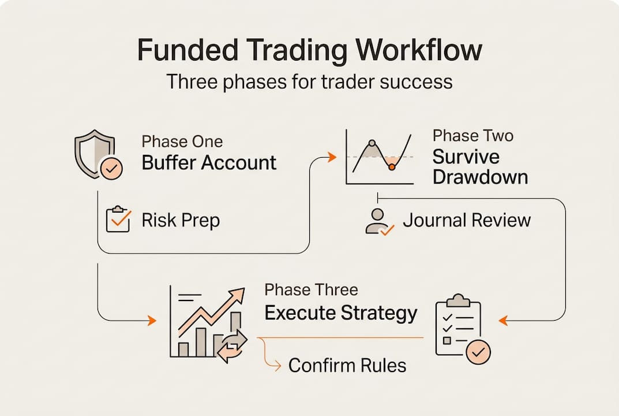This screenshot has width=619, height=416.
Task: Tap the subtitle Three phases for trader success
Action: pos(309,81)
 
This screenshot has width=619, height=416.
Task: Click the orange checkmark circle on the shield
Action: pos(111,169)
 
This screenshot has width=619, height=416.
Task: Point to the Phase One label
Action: pos(182,142)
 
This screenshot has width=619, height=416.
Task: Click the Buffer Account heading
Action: pos(209,162)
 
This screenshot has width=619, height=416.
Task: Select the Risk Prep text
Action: pos(181,220)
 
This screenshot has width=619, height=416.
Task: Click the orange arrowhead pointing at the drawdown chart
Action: pos(332,157)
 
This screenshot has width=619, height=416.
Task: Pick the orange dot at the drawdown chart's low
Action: pos(392,167)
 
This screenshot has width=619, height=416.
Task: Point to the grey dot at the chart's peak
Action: pos(372,142)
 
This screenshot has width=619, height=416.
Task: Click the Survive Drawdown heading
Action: pos(480,166)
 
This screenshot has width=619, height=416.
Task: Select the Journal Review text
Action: pos(466,220)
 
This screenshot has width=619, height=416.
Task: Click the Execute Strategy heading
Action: pos(340,313)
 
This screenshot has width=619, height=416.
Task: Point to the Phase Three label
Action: pos(311,289)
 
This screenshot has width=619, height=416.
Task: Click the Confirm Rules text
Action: pos(347,365)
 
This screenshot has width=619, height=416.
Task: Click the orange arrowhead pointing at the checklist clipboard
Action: pos(502,320)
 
